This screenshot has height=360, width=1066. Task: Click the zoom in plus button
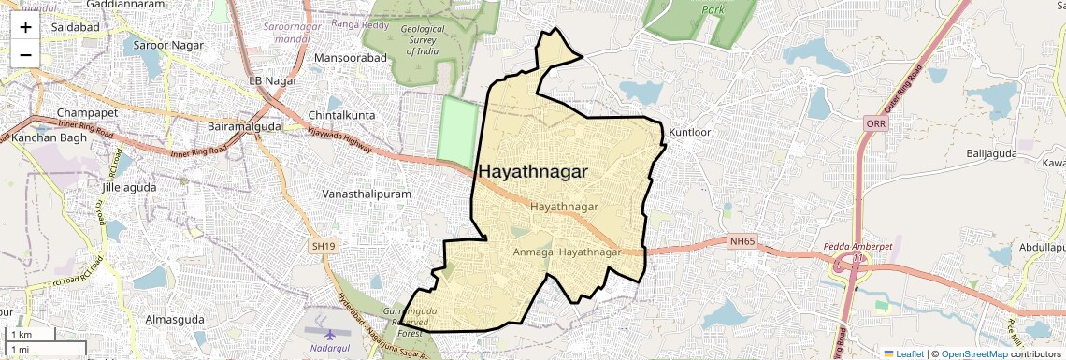tap(25, 26)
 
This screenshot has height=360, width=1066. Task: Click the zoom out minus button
tap(25, 54)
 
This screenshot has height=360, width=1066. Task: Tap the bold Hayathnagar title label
tap(533, 172)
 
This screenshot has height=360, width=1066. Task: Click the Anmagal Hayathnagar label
tap(568, 252)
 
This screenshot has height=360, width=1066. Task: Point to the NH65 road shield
tap(742, 242)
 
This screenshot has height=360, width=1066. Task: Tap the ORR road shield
tap(875, 124)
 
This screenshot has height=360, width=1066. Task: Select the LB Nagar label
tap(273, 81)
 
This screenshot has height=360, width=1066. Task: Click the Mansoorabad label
tap(351, 58)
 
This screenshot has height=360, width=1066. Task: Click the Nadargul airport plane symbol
tap(329, 334)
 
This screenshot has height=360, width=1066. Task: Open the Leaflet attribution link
tap(903, 353)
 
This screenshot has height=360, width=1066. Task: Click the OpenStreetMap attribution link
tap(973, 353)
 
